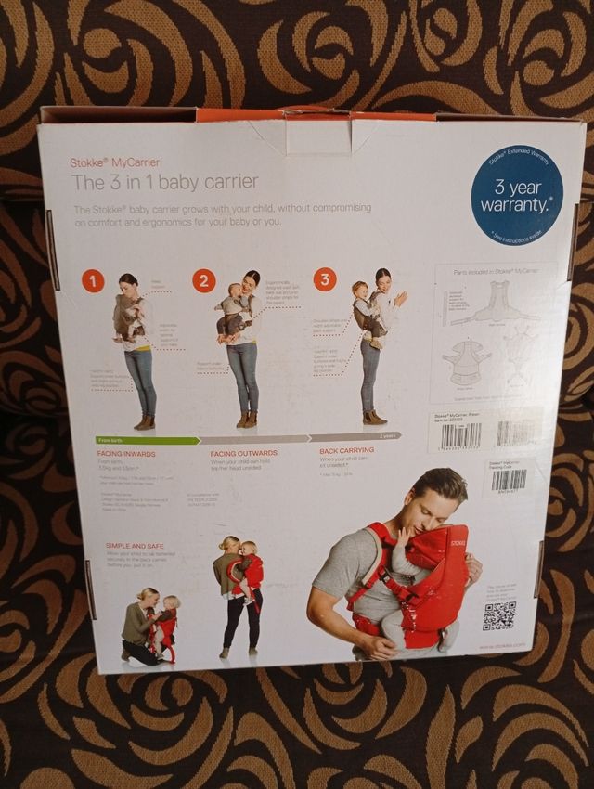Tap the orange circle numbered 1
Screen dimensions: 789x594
(93, 281)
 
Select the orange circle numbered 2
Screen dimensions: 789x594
(204, 279)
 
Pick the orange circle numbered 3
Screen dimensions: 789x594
(324, 278)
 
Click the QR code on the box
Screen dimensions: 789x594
(498, 615)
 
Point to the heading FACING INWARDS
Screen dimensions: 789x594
(127, 453)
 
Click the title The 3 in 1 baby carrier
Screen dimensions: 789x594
(165, 182)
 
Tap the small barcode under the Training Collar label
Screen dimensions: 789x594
(508, 480)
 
